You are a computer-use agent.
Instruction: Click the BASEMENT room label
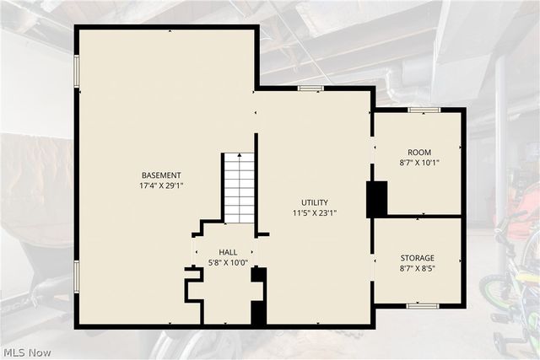coord(161,175)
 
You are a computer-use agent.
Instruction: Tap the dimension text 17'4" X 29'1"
coord(161,185)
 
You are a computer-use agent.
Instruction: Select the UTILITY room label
coord(315,202)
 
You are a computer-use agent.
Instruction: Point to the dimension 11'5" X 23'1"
coord(315,213)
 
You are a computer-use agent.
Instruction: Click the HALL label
coord(228,252)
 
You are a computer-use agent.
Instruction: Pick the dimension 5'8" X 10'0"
coord(228,263)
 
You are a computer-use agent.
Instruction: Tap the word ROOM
coord(419,152)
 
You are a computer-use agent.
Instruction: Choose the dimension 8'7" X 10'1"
coord(419,163)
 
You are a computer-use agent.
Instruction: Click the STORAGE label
coord(417,258)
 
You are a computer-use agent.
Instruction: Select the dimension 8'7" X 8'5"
coord(417,268)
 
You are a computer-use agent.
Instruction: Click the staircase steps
coord(240,188)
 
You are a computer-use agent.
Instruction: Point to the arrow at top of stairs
coord(240,155)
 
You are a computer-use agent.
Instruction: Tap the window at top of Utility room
coord(310,89)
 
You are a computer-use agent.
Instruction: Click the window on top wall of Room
coord(424,110)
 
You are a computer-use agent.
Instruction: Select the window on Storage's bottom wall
coord(423,306)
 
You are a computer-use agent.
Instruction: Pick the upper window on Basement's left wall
coord(77,71)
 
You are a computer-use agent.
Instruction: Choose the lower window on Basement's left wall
coord(77,277)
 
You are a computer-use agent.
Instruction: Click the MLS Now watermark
coord(27,352)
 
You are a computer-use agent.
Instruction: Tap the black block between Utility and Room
coord(377,200)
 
